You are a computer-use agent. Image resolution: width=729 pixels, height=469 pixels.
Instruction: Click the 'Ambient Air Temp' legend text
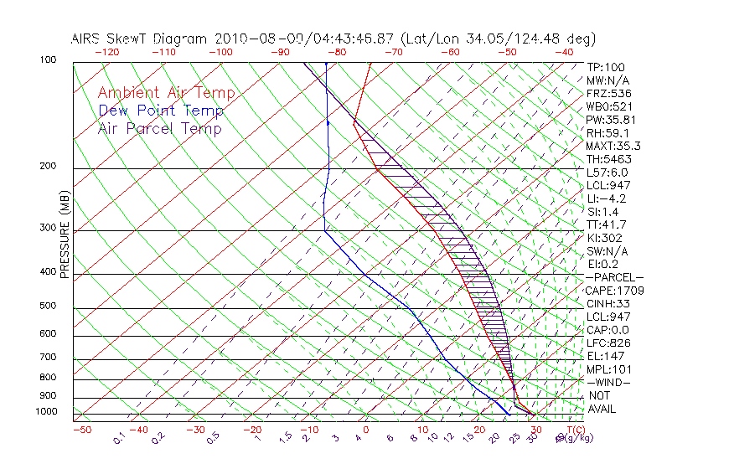coord(166,93)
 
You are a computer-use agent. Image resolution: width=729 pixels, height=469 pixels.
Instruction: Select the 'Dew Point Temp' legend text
coord(160,111)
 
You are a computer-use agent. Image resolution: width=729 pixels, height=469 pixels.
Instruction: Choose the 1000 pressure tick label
coord(47,411)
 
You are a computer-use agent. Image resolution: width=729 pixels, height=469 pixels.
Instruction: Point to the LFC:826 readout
coord(608,343)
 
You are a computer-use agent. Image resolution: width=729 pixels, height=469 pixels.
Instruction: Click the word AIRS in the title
coord(88,39)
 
